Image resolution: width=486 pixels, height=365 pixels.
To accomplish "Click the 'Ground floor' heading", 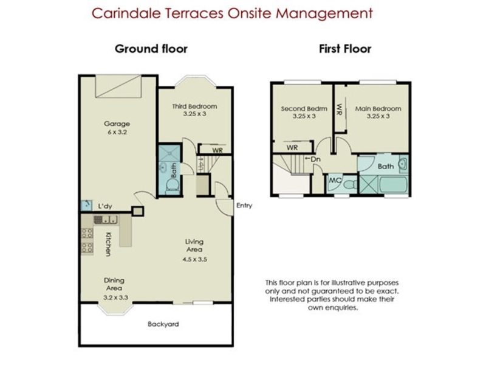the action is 151,49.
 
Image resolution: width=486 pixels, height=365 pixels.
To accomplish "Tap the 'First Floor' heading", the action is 345,49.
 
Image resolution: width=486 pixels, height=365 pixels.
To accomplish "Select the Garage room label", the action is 117,124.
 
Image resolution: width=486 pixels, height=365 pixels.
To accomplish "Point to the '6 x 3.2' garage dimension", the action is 117,132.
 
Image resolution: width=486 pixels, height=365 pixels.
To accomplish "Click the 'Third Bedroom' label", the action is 194,106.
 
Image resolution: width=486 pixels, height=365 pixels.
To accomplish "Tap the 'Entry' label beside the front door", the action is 244,206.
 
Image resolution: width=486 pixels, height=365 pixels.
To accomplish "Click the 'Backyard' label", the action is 163,324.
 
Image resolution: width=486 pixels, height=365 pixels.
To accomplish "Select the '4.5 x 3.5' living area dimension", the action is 194,259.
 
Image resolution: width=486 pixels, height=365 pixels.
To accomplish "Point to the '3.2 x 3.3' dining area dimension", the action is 115,297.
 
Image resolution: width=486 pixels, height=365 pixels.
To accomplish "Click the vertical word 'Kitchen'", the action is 108,245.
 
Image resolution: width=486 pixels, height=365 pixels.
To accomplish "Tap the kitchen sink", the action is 106,220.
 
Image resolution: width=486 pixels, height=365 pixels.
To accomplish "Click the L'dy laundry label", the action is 105,206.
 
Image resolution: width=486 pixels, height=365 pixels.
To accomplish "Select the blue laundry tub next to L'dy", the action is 86,206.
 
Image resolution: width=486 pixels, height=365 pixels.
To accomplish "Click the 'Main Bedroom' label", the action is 378,109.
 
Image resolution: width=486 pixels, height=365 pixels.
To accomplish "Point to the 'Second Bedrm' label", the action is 304,109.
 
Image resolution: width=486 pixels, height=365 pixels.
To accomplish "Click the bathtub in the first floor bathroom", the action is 392,185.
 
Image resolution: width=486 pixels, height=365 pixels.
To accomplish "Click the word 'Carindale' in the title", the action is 126,13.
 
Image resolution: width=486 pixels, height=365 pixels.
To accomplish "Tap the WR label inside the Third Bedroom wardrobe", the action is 217,150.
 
